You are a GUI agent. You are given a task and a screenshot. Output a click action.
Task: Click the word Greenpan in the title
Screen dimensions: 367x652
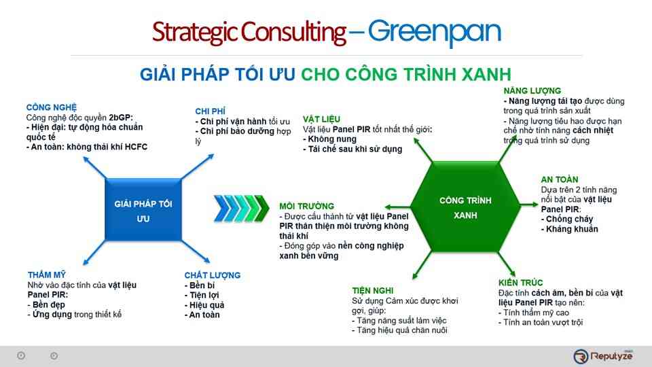(x=435, y=32)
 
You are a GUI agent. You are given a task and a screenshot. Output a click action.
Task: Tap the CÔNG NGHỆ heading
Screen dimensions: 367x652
(x=52, y=107)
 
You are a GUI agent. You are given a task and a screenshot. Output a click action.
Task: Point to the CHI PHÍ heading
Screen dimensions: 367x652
(x=210, y=111)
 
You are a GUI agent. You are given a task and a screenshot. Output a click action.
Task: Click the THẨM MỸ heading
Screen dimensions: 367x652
(x=47, y=275)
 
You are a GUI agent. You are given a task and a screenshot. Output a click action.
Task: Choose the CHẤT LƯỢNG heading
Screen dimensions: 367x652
(x=212, y=275)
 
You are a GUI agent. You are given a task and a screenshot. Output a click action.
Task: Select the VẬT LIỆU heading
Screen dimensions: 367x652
(x=322, y=119)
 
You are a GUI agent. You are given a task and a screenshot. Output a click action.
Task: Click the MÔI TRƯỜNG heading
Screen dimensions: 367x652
(x=306, y=206)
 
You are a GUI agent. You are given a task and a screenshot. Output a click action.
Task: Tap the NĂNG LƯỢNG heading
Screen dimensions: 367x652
(x=532, y=90)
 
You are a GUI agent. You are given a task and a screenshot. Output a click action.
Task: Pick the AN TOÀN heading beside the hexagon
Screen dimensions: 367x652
(x=560, y=180)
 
